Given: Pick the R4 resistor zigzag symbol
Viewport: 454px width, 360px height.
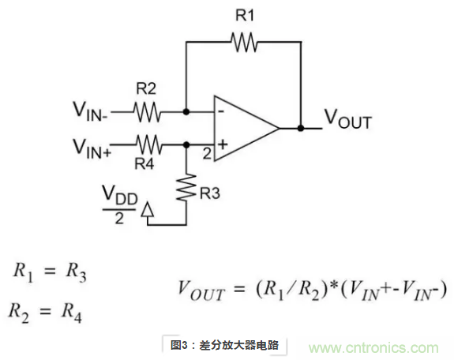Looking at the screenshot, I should coord(147,144).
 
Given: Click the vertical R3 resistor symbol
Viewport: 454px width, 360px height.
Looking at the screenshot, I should coord(186,188).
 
